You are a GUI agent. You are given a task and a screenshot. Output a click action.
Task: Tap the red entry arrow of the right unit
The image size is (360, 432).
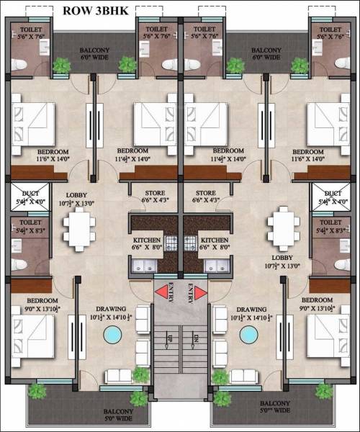[x=199, y=292]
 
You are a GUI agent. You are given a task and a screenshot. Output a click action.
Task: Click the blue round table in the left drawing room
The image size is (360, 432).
[x=112, y=335]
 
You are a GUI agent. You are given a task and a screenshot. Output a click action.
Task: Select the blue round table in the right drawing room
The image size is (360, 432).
[x=249, y=335]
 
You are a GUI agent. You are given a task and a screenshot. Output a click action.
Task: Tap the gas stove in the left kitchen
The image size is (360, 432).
[x=171, y=243]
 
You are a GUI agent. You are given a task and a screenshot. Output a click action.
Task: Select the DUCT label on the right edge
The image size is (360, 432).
[x=333, y=194]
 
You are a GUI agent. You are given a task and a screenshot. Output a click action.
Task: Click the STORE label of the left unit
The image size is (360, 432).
[x=155, y=193]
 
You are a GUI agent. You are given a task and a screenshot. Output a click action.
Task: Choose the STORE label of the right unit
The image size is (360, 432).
[x=206, y=193]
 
